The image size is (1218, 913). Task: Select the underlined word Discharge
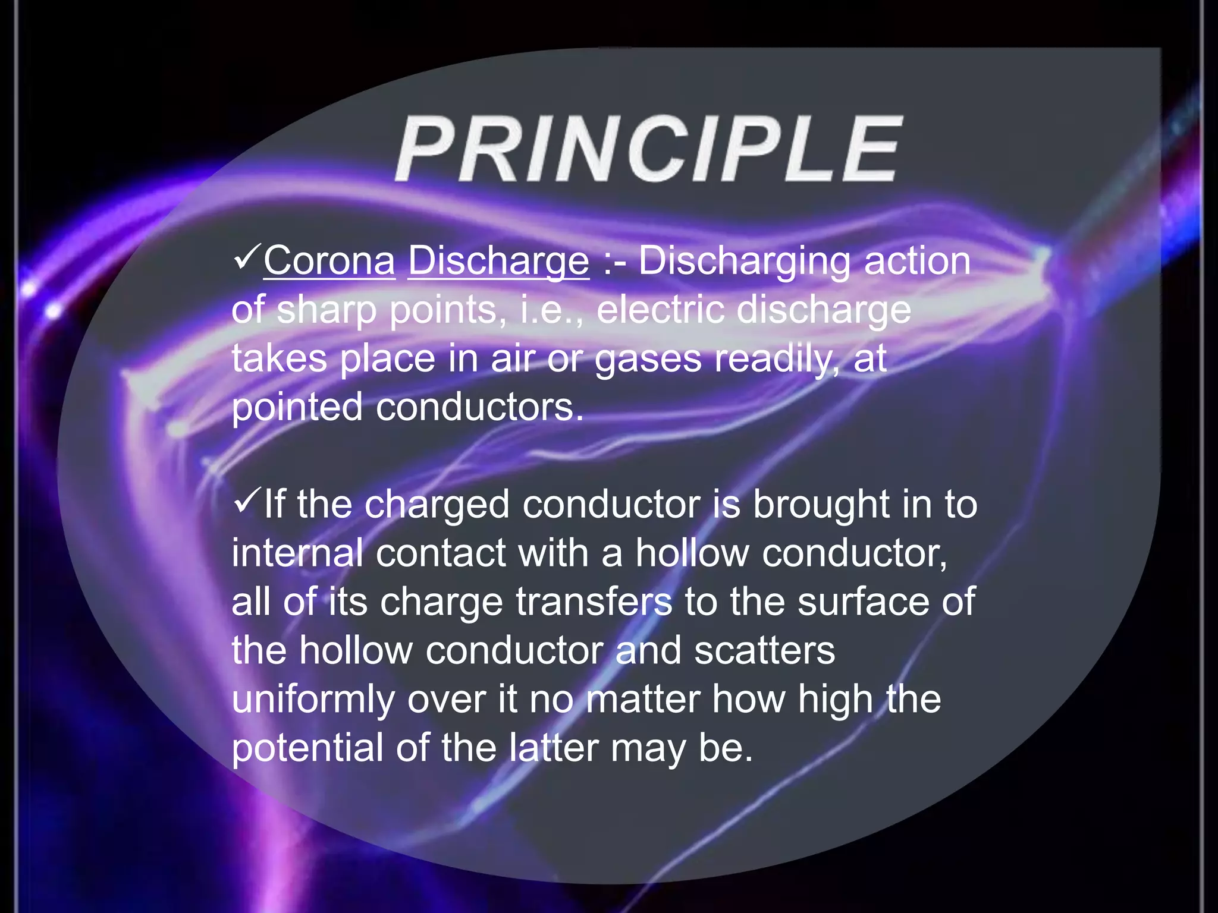[x=498, y=262]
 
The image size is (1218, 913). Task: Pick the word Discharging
[x=744, y=262]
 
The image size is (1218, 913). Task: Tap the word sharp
[x=327, y=311]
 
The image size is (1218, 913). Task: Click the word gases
[x=648, y=360]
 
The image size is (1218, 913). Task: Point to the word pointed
[x=297, y=408]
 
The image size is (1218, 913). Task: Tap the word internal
[x=297, y=553]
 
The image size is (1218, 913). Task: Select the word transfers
[x=594, y=602]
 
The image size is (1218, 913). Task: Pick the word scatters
[x=764, y=650]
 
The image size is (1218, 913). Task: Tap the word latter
[x=553, y=748]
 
